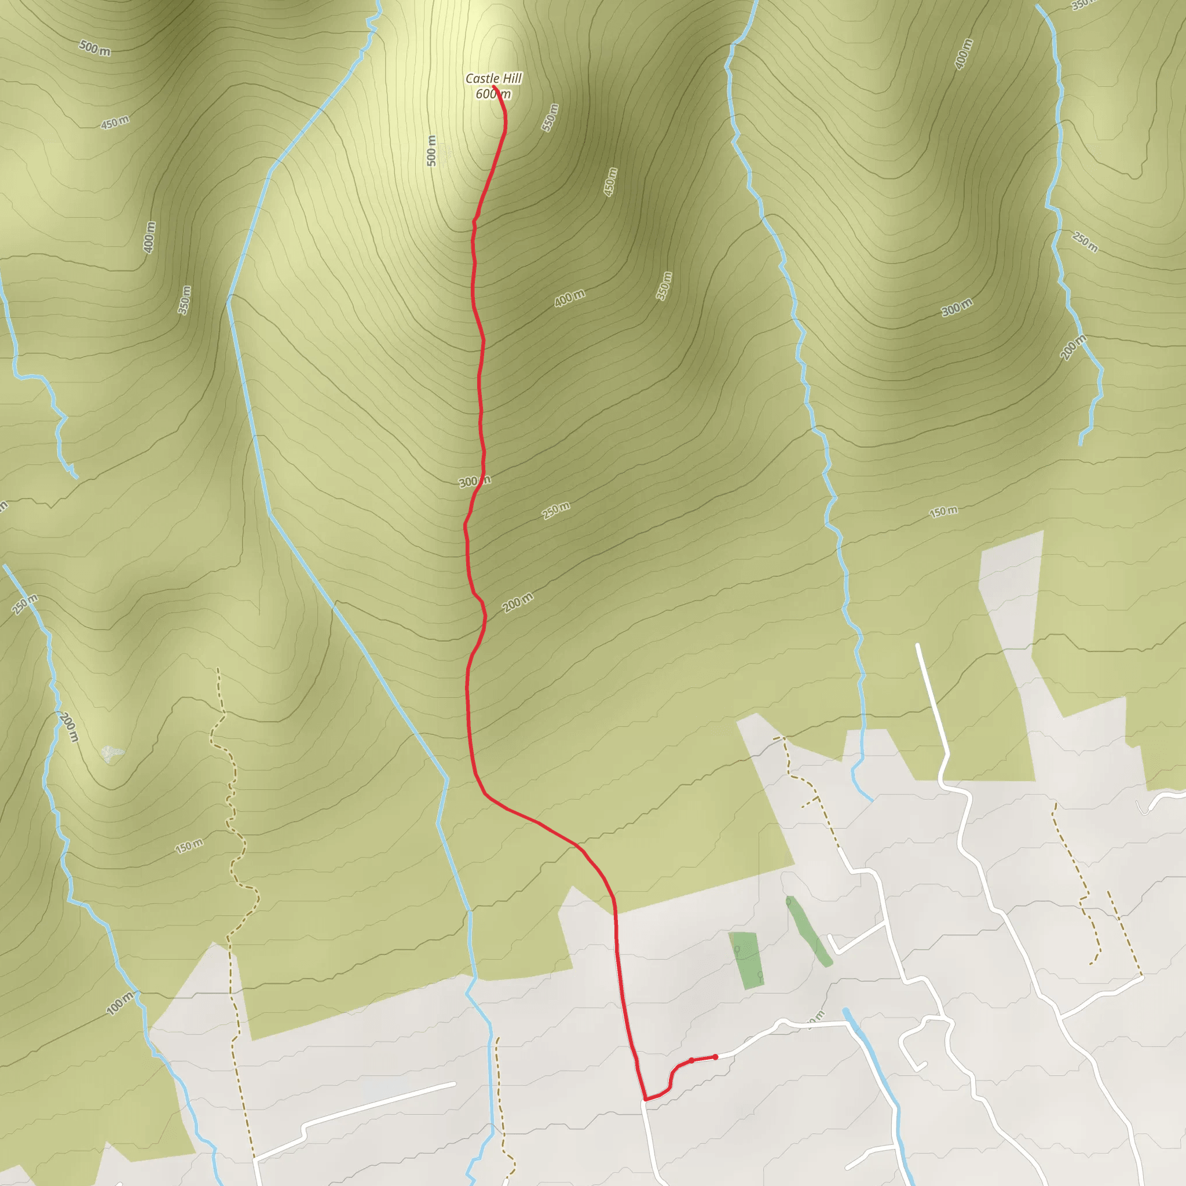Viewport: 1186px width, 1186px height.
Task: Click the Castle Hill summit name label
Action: coord(493,79)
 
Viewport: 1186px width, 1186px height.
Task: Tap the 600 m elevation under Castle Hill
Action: coord(493,94)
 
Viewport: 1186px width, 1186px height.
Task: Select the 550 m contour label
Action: coord(550,117)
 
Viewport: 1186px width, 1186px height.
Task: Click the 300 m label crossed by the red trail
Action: coord(474,481)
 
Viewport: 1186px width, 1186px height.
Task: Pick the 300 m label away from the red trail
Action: coord(957,308)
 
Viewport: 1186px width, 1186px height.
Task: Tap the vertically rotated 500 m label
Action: coord(431,151)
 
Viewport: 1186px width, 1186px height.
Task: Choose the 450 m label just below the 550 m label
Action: coord(610,182)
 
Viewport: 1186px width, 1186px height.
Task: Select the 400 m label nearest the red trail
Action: coord(569,298)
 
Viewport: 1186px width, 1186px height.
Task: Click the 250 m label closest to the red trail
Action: coord(556,510)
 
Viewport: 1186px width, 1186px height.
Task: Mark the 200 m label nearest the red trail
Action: coord(518,603)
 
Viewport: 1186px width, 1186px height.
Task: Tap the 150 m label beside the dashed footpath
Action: coord(189,847)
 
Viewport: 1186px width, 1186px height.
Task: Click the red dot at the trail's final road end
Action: coord(715,1057)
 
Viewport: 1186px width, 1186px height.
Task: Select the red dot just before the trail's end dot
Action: coord(692,1060)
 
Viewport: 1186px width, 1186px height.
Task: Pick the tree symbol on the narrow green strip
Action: coord(789,902)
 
